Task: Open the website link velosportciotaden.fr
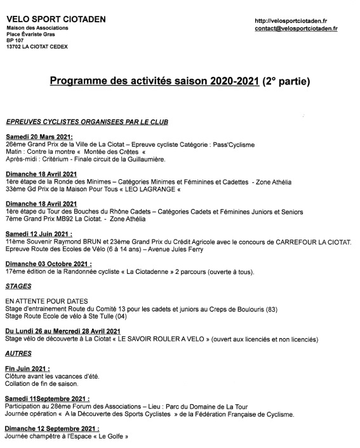click(290, 20)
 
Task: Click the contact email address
click(295, 29)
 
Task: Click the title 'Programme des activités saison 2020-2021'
click(154, 81)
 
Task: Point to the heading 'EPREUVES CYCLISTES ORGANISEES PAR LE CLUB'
click(87, 121)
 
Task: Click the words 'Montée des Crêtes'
click(113, 152)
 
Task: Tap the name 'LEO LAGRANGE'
click(150, 189)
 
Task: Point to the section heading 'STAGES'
click(18, 286)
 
